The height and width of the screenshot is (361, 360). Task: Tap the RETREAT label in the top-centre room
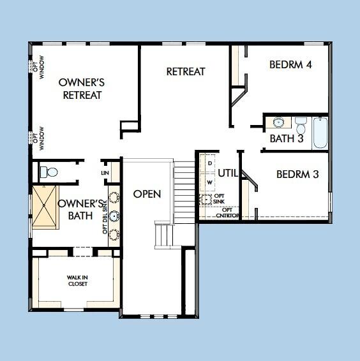pyautogui.click(x=186, y=71)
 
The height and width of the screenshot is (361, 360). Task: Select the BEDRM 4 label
pyautogui.click(x=290, y=64)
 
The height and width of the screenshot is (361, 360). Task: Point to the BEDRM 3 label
pyautogui.click(x=297, y=173)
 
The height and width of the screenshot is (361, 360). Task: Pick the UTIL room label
pyautogui.click(x=228, y=173)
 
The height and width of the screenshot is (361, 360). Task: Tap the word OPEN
pyautogui.click(x=147, y=194)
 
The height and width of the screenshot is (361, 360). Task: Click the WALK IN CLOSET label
pyautogui.click(x=77, y=281)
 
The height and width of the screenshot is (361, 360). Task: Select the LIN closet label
pyautogui.click(x=105, y=173)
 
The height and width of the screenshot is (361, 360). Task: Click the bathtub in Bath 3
pyautogui.click(x=320, y=132)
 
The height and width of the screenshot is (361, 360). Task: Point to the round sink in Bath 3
pyautogui.click(x=278, y=122)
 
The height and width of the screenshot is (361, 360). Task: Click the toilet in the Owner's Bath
pyautogui.click(x=49, y=172)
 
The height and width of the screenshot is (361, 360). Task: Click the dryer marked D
pyautogui.click(x=209, y=163)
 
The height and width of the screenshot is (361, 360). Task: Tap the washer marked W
pyautogui.click(x=209, y=182)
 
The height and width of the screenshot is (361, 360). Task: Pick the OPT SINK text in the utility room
pyautogui.click(x=220, y=199)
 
